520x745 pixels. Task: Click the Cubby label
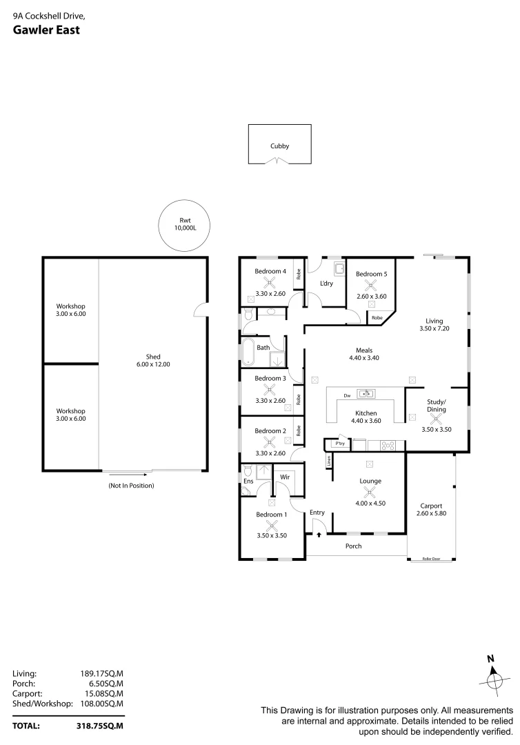pyautogui.click(x=279, y=146)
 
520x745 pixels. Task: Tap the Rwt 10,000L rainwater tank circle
pyautogui.click(x=183, y=226)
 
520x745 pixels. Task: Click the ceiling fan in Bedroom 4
pyautogui.click(x=270, y=282)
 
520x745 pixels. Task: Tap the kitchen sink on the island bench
pyautogui.click(x=366, y=395)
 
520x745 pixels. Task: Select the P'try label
pyautogui.click(x=340, y=444)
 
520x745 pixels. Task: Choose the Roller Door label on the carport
pyautogui.click(x=431, y=559)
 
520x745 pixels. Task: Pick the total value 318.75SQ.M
pyautogui.click(x=100, y=726)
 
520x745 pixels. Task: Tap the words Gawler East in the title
pyautogui.click(x=46, y=30)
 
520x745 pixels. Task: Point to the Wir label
pyautogui.click(x=283, y=477)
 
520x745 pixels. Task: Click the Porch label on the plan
pyautogui.click(x=353, y=546)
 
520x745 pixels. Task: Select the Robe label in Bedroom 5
pyautogui.click(x=377, y=318)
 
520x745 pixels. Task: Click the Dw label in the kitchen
pyautogui.click(x=346, y=395)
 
